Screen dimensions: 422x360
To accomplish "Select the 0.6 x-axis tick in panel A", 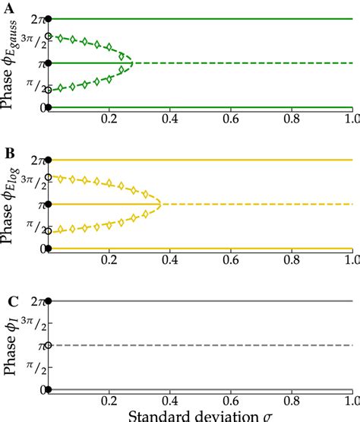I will [230, 120].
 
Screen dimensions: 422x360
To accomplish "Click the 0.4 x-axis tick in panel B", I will [169, 262].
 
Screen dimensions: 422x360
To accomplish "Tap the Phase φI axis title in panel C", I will [12, 347].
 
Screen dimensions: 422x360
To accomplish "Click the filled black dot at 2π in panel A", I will [49, 18].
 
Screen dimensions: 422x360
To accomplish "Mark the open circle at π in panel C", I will [49, 346].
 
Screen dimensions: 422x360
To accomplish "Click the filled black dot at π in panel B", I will [49, 205].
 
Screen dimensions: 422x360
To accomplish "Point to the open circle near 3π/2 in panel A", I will [49, 36].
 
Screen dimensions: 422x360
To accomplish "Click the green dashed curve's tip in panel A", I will [132, 62].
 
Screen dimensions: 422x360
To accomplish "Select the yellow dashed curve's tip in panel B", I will [159, 205].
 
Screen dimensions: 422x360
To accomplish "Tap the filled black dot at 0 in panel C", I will [49, 390].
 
